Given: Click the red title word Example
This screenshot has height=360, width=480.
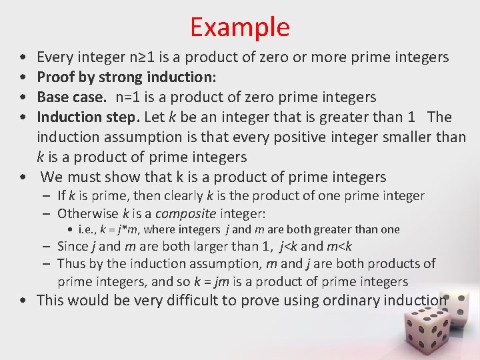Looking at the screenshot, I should pos(239,27).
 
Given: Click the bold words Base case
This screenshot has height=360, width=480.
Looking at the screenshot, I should pos(71,97).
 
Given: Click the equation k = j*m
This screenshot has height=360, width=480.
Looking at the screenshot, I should pos(117,230).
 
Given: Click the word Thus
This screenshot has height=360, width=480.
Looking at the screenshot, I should pos(71,264).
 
